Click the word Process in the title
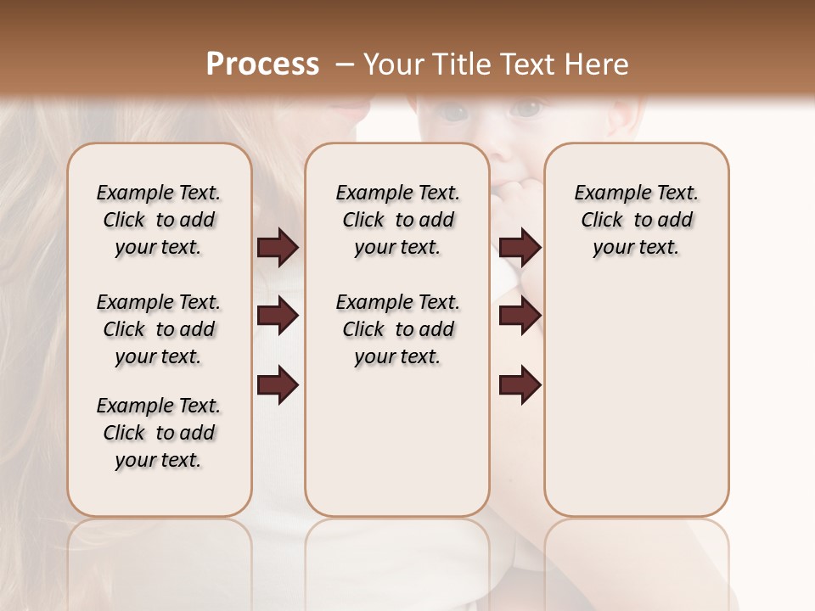pyautogui.click(x=262, y=64)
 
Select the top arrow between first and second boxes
pyautogui.click(x=278, y=248)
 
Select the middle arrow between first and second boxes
pyautogui.click(x=278, y=317)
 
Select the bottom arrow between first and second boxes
pyautogui.click(x=278, y=384)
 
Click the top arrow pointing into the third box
pyautogui.click(x=520, y=248)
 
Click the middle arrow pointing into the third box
pyautogui.click(x=520, y=317)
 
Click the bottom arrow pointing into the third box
pyautogui.click(x=520, y=384)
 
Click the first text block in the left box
pyautogui.click(x=159, y=220)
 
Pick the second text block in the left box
pyautogui.click(x=159, y=329)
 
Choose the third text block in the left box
pyautogui.click(x=159, y=433)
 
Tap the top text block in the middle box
pyautogui.click(x=397, y=220)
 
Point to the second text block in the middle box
pyautogui.click(x=397, y=329)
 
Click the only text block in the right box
pyautogui.click(x=636, y=220)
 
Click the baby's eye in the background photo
pyautogui.click(x=528, y=109)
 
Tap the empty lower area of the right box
pyautogui.click(x=636, y=407)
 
